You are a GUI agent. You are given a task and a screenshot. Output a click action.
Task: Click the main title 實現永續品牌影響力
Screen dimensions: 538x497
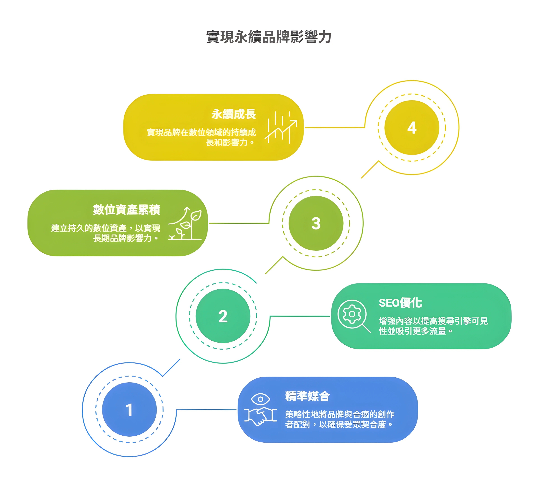point(269,37)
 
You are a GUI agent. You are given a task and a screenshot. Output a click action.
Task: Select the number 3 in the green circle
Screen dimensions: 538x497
point(316,223)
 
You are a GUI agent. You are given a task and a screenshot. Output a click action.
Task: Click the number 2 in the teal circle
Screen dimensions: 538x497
point(223,316)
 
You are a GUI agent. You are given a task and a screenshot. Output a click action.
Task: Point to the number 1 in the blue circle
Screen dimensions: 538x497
point(129,410)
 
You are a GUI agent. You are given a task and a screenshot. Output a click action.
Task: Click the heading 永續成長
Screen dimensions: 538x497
point(233,114)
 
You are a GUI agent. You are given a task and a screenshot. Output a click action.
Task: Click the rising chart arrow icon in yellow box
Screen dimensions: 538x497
point(281,127)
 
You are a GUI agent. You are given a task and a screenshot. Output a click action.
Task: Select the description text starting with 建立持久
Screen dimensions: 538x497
point(105,233)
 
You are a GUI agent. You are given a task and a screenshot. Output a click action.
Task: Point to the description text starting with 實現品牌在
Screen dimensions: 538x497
point(201,137)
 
